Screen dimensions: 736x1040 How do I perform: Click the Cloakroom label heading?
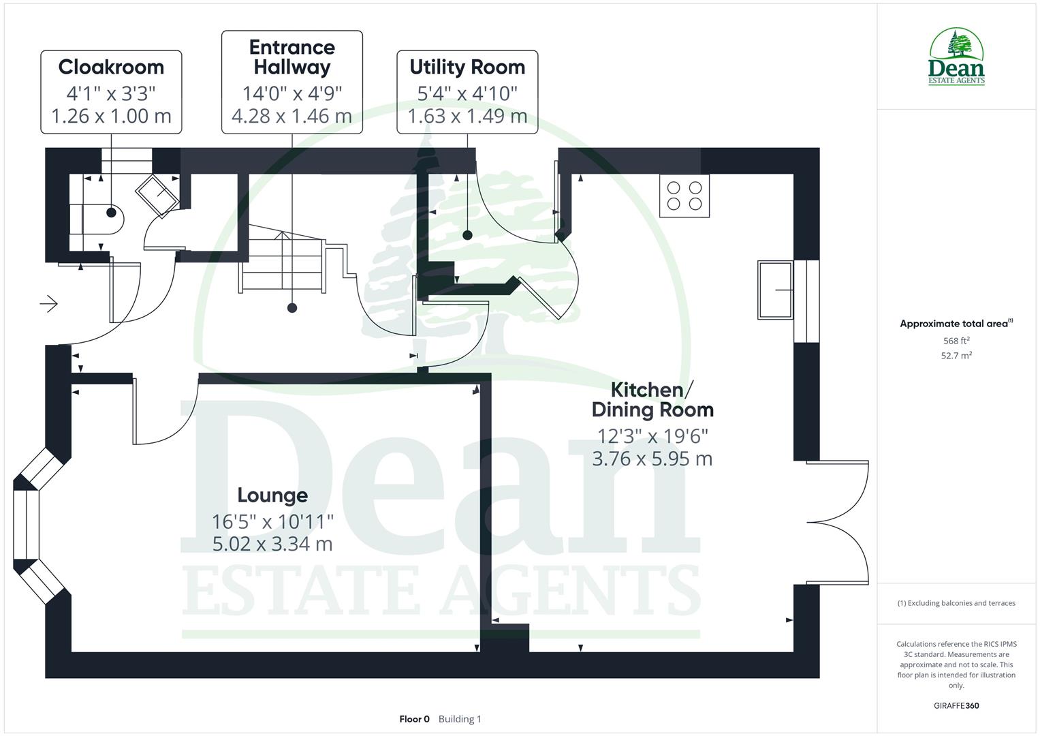[x=111, y=67]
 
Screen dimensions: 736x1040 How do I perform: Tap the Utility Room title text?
[x=467, y=67]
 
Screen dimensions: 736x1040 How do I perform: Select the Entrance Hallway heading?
[x=291, y=57]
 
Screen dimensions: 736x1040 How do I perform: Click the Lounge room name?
[x=272, y=495]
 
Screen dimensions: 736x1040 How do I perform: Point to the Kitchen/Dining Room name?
[x=652, y=400]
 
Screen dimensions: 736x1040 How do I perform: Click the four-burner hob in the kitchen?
[x=684, y=196]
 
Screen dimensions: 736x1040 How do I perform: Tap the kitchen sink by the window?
[x=775, y=290]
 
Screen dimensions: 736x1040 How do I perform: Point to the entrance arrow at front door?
[x=49, y=303]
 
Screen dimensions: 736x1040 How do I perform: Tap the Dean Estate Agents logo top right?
[x=956, y=57]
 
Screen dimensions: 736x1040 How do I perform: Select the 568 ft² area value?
[x=956, y=341]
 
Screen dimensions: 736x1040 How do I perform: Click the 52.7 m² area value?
[x=956, y=356]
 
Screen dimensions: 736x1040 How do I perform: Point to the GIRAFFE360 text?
[x=956, y=706]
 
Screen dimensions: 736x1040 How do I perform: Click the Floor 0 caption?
[x=414, y=719]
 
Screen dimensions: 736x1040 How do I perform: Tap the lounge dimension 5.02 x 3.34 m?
[x=272, y=544]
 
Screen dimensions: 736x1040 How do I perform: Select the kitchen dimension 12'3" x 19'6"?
[x=652, y=435]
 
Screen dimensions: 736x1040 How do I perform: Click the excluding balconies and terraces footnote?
[x=956, y=603]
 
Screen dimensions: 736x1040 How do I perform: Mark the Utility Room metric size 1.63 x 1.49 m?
[x=467, y=117]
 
